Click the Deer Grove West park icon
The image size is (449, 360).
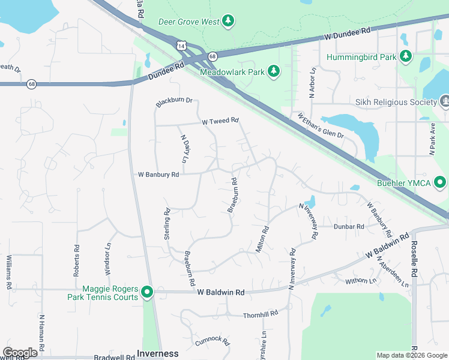[228, 22]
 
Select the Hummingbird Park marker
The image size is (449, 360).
[406, 57]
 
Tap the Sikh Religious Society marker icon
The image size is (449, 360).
[445, 102]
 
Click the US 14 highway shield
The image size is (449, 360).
[181, 46]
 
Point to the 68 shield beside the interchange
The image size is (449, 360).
[212, 56]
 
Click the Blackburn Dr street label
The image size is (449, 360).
[174, 102]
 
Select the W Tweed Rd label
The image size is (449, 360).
[220, 121]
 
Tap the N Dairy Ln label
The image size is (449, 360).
[184, 148]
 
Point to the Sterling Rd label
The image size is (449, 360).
[167, 224]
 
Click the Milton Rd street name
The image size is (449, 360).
[262, 239]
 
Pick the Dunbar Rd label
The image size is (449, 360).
[349, 227]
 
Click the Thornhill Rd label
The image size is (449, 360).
[261, 314]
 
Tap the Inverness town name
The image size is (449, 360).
[158, 353]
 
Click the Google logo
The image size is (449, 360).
[20, 353]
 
